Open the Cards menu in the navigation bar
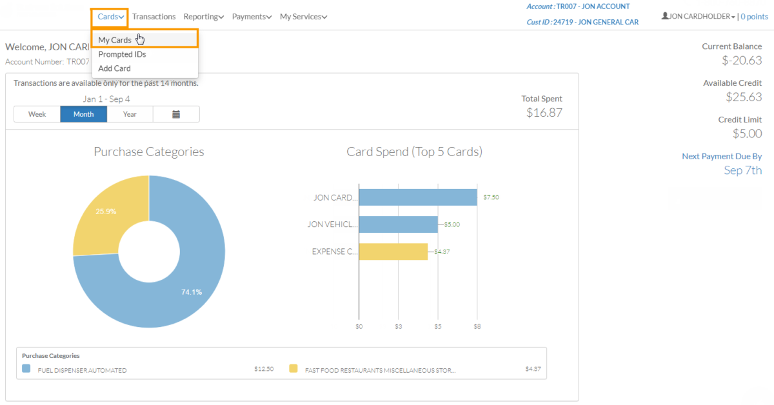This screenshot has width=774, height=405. pyautogui.click(x=111, y=17)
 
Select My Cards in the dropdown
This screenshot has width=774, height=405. pyautogui.click(x=115, y=40)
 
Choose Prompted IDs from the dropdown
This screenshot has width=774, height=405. pyautogui.click(x=122, y=54)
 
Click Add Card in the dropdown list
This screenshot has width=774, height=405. pyautogui.click(x=114, y=68)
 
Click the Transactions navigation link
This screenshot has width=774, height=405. pyautogui.click(x=154, y=17)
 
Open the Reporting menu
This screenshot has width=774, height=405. pyautogui.click(x=203, y=17)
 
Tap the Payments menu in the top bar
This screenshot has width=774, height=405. pyautogui.click(x=252, y=17)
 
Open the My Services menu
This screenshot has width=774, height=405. pyautogui.click(x=303, y=17)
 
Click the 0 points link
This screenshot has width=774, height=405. pyautogui.click(x=754, y=17)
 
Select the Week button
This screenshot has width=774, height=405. pyautogui.click(x=37, y=114)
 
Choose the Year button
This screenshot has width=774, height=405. pyautogui.click(x=130, y=114)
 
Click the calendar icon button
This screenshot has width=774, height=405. pyautogui.click(x=176, y=114)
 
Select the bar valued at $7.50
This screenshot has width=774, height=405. pyautogui.click(x=417, y=197)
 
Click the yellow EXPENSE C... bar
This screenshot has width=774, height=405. pyautogui.click(x=393, y=252)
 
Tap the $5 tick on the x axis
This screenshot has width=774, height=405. pyautogui.click(x=438, y=326)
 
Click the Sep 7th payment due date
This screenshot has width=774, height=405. pyautogui.click(x=742, y=170)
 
